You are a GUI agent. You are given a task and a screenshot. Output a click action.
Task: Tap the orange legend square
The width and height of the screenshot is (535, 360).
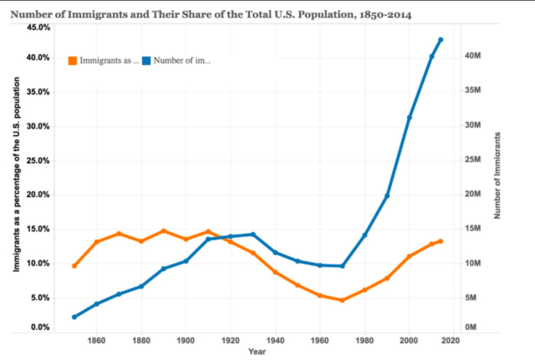[73, 60]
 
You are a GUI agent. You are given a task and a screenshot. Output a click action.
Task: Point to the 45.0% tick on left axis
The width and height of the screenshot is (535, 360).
[38, 28]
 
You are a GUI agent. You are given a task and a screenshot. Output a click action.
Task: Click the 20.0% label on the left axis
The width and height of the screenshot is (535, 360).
[38, 195]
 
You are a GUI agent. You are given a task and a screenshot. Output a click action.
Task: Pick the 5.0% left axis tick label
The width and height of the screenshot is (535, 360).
[40, 298]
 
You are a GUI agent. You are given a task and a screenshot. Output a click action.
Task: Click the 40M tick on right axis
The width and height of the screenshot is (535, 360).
[471, 56]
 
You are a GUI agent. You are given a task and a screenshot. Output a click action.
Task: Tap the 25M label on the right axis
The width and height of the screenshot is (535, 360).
[471, 160]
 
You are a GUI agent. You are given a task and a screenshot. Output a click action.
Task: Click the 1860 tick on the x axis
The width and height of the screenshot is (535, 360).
[96, 341]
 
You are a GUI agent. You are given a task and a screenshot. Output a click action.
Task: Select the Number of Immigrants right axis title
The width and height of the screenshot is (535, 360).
[498, 175]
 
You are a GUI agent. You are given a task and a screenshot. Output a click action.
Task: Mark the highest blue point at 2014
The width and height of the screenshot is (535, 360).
[441, 39]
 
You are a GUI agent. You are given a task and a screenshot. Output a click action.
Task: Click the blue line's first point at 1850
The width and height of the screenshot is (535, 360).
[74, 317]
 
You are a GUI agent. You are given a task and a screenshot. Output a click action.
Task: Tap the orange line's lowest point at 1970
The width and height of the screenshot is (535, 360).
[342, 300]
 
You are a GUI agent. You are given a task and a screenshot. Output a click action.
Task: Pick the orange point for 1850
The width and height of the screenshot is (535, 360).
[74, 266]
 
